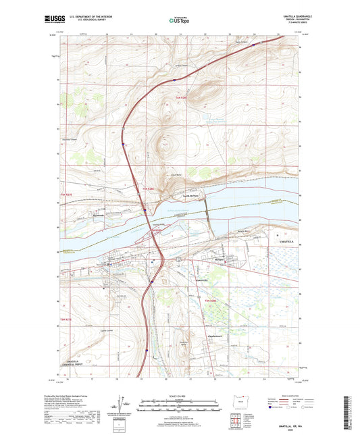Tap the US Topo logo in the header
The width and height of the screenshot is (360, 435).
pyautogui.click(x=180, y=20)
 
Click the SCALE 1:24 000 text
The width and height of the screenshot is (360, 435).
pyautogui.click(x=180, y=396)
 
